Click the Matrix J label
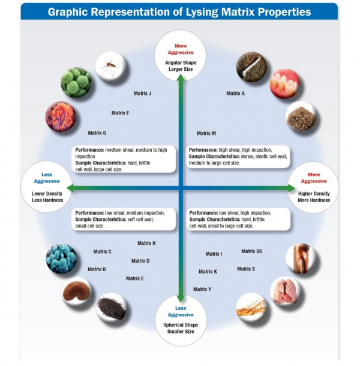142,94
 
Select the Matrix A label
235,94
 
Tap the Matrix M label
206,133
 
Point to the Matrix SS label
251,251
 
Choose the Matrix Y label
202,289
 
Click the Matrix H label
146,243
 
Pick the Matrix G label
97,133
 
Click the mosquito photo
109,67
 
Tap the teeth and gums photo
284,84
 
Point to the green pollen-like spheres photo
76,82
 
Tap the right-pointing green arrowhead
290,188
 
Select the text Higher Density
313,194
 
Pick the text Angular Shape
181,62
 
